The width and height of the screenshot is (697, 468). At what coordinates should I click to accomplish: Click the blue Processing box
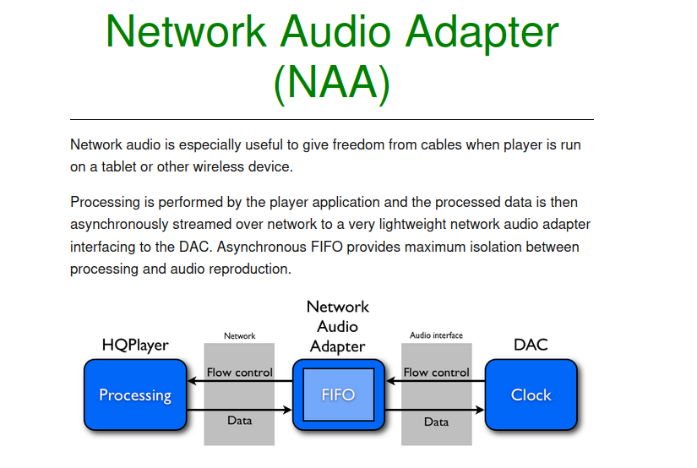pos(135,395)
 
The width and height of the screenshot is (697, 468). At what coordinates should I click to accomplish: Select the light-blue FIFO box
pos(338,395)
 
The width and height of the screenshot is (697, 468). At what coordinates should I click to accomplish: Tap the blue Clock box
pos(531,395)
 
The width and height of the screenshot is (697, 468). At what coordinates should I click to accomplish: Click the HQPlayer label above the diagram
pos(135,345)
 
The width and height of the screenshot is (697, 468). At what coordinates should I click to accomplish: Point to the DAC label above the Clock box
pos(531,345)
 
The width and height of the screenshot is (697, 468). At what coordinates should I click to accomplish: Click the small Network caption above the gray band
pos(240,336)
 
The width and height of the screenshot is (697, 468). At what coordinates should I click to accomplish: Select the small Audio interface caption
pos(436,335)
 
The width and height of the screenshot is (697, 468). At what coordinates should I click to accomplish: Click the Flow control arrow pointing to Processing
pos(240,381)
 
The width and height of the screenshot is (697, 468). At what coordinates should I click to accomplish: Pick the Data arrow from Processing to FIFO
pos(240,410)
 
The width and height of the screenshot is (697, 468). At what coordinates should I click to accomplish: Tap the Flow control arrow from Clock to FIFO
pos(436,381)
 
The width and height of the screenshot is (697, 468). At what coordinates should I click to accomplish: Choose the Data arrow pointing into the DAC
pos(434,410)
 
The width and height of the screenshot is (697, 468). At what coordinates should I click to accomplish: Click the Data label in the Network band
pos(240,421)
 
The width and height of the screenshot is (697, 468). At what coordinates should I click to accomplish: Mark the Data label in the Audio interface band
pos(436,422)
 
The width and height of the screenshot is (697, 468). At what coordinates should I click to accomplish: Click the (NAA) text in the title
pos(332,83)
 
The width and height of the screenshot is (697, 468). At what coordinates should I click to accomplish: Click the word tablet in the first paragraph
pos(118,166)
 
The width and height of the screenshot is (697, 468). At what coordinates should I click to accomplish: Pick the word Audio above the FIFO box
pos(337,327)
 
